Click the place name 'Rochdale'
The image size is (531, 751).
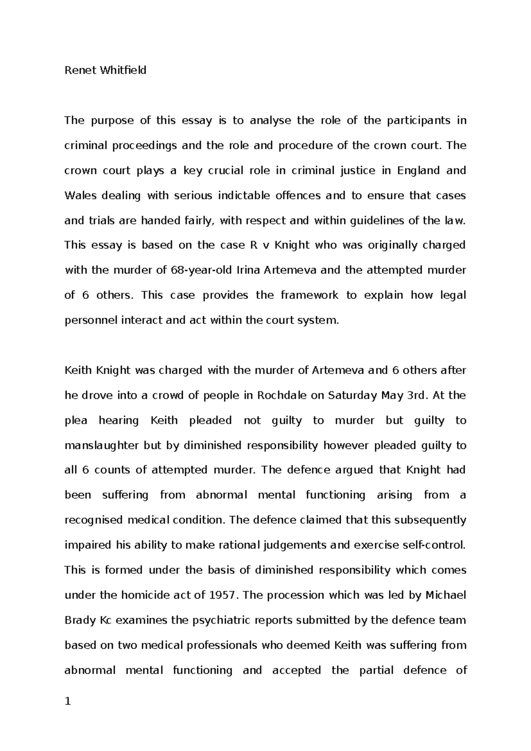[282, 395]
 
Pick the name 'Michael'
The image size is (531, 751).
[446, 595]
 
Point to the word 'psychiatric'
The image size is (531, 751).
[219, 620]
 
